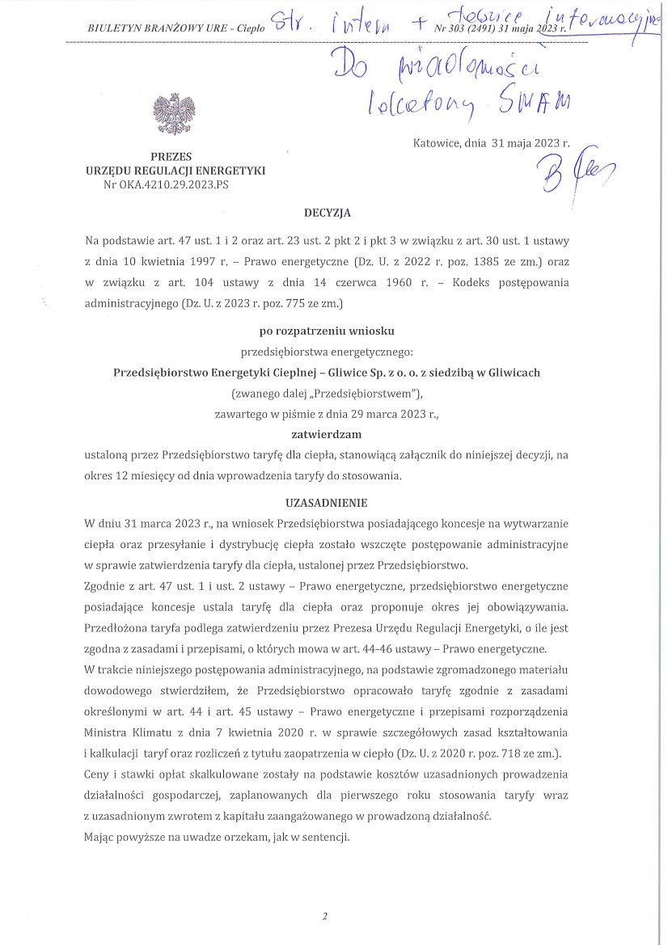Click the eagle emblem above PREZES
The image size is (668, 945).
click(175, 114)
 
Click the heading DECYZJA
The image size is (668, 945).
click(327, 213)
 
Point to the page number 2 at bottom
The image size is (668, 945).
click(324, 916)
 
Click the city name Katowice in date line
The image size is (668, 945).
click(438, 145)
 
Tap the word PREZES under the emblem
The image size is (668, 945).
click(171, 157)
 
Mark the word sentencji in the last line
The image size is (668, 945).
click(326, 837)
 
